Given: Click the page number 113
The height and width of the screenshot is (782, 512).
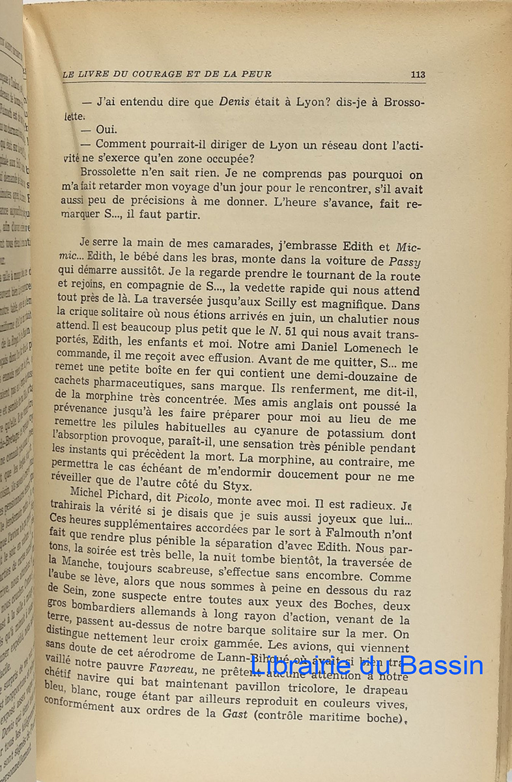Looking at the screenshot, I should pos(418,74).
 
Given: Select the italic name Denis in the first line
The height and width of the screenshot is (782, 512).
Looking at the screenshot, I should pos(236,102).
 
